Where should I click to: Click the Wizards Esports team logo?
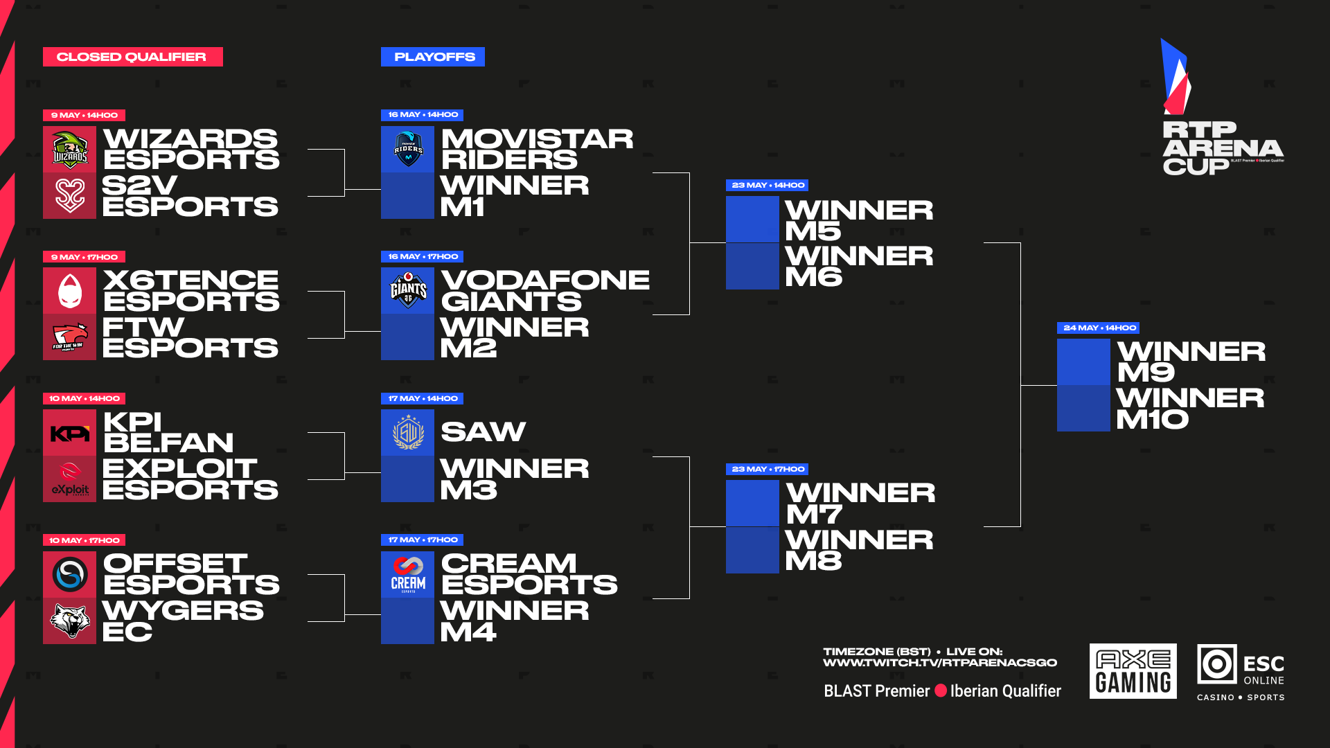70,150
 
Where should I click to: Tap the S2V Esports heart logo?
70,196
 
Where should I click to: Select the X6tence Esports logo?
70,291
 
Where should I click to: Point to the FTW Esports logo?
70,337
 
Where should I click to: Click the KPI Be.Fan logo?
70,434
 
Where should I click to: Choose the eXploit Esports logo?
70,479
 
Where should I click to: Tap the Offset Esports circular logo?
70,575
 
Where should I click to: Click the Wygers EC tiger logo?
70,621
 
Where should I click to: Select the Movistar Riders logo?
408,149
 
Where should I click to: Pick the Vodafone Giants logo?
408,291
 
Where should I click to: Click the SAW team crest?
408,433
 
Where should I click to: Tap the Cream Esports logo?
408,575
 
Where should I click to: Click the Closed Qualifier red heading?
132,57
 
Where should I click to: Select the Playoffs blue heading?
433,57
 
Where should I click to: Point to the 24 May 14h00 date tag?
1098,328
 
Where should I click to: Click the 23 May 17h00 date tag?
768,469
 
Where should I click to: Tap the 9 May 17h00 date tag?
84,257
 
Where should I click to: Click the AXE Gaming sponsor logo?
1133,671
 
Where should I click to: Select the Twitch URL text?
940,663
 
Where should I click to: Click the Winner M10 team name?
1190,409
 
